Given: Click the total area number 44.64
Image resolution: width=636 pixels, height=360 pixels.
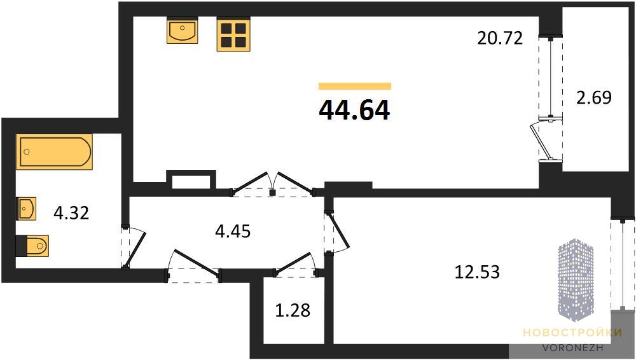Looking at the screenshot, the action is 354,110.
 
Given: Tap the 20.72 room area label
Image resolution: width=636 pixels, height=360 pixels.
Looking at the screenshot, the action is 500,38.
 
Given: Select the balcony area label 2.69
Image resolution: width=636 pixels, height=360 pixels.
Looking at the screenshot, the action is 594,97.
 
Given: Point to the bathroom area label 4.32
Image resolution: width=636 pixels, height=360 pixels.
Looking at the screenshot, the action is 71,212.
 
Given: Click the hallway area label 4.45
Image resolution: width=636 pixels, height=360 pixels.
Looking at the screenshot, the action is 233,232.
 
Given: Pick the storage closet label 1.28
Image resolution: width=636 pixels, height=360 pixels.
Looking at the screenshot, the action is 293,310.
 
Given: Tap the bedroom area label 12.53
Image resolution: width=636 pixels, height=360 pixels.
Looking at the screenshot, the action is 477,272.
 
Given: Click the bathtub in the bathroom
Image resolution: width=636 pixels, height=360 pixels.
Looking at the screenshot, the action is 54,151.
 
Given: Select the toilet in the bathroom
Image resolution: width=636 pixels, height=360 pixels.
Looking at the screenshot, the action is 32,246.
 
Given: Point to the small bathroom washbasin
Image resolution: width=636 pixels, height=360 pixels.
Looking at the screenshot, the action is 26,209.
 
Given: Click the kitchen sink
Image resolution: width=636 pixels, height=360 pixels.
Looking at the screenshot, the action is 182,30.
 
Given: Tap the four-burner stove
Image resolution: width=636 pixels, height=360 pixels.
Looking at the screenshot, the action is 233,34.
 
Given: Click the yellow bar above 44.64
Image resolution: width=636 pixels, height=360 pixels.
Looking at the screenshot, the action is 355,86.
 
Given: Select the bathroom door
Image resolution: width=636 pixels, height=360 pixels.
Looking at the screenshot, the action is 135,249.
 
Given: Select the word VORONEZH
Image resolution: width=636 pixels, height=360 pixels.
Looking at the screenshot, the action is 573,348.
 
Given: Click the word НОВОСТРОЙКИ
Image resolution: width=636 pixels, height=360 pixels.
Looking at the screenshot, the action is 572,333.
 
